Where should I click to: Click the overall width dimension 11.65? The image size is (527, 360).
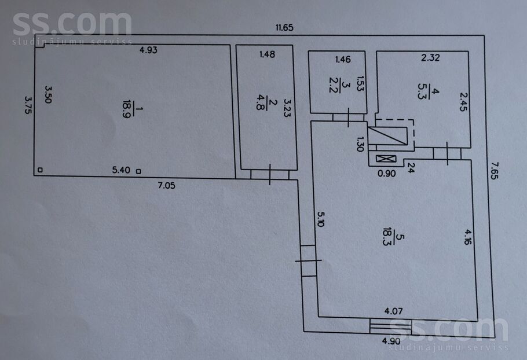click(284, 28)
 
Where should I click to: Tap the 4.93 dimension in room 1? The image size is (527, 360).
click(148, 50)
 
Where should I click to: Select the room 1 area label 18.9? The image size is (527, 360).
click(127, 109)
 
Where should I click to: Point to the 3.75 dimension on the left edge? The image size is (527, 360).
click(28, 105)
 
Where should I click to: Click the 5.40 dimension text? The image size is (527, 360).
click(121, 170)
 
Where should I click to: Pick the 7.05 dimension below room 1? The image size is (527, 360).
click(166, 185)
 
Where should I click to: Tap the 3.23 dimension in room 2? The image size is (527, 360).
click(287, 108)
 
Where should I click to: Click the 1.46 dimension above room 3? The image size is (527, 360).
click(343, 60)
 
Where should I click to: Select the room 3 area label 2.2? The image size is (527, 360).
click(333, 85)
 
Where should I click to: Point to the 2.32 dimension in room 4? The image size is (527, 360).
click(430, 58)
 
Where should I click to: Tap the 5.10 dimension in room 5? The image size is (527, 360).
click(321, 219)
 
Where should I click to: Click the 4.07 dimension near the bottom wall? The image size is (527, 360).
click(393, 311)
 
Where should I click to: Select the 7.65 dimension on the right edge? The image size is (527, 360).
click(494, 171)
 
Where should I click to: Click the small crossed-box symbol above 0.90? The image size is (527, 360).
click(386, 159)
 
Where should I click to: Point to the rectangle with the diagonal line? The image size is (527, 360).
click(388, 135)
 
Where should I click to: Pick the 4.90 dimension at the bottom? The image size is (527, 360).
click(391, 341)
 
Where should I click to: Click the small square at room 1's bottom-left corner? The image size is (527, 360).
click(40, 170)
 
